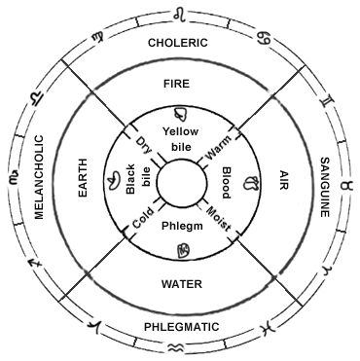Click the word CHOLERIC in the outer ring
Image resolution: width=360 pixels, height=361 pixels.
[x=180, y=44]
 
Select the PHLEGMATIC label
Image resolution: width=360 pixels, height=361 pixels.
[x=180, y=315]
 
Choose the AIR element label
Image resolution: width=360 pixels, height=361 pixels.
[x=285, y=180]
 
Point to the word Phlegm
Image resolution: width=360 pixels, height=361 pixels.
[x=180, y=226]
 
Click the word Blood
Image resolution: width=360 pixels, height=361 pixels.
[x=226, y=182]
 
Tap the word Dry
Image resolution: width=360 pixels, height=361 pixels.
[x=144, y=144]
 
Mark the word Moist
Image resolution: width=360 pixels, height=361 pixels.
[x=219, y=217]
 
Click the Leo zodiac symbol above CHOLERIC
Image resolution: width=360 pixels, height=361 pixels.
[x=179, y=14]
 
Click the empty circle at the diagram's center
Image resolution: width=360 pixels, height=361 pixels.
[x=179, y=181]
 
